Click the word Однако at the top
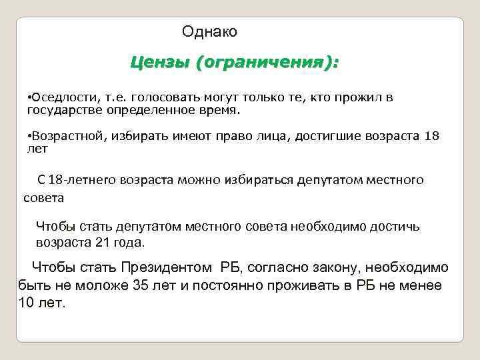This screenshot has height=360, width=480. tap(209, 31)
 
